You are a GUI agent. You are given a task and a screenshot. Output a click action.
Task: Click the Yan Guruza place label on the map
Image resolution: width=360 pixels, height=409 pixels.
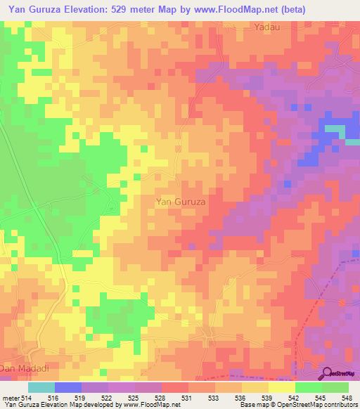(x=180, y=202)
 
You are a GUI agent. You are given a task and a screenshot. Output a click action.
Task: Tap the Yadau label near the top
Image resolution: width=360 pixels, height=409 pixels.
(x=265, y=28)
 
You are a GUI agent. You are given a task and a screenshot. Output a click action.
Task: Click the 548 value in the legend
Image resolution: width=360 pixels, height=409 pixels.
(x=347, y=398)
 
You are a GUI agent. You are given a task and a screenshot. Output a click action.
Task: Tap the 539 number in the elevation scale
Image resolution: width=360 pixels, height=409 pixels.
(x=268, y=398)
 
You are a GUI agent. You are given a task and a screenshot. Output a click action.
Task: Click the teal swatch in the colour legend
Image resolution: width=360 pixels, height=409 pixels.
(x=41, y=387)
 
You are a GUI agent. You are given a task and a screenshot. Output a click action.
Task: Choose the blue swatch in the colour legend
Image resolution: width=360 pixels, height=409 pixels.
(x=67, y=387)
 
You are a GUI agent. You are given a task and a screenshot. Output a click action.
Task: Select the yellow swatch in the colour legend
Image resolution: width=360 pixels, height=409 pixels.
(x=281, y=387)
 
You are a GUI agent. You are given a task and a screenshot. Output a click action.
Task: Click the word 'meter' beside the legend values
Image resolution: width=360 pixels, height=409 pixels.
(x=9, y=398)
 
